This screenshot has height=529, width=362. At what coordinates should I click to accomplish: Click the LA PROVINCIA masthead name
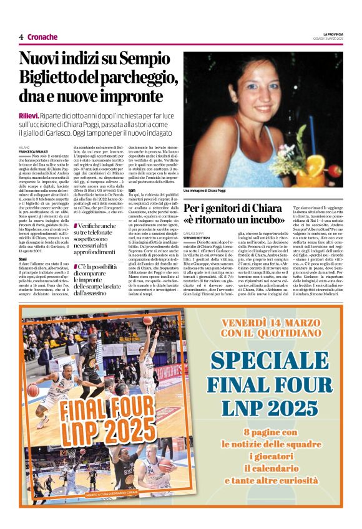point(330,34)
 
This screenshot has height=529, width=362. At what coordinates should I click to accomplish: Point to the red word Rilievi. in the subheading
point(28,116)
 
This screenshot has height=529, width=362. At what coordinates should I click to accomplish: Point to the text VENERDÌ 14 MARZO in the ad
point(278,323)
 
